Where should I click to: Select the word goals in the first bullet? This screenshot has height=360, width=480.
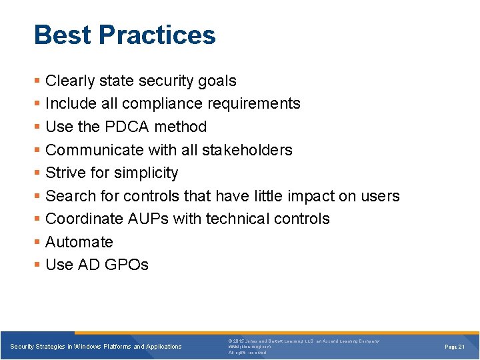(x=216, y=81)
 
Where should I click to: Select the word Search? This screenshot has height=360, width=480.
(x=69, y=196)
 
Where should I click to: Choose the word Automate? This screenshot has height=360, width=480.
(x=79, y=242)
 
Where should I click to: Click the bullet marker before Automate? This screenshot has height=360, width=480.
(x=37, y=243)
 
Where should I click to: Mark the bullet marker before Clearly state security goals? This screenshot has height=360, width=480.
(x=37, y=81)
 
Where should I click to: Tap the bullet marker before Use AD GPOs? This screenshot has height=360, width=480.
(x=37, y=265)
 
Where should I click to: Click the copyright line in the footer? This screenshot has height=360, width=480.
(x=303, y=341)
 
